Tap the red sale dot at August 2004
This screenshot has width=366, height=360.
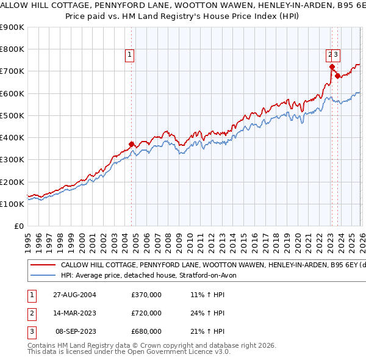click(132, 145)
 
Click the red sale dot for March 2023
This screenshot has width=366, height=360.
click(332, 67)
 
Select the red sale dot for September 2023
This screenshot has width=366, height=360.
click(337, 76)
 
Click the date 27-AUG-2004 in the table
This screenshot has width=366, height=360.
click(74, 295)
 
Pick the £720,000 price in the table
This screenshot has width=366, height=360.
click(146, 313)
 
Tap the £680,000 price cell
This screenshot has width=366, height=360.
click(146, 331)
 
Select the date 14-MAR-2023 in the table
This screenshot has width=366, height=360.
click(74, 313)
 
